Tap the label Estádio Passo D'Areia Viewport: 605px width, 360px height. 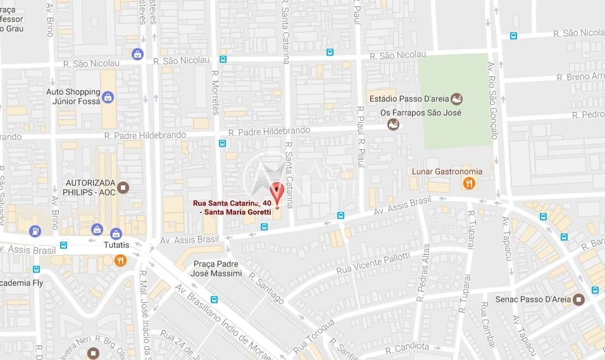[x=409, y=99]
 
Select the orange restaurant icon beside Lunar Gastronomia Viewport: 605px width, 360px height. [x=469, y=183]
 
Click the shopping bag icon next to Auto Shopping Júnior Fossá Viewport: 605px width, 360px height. [x=108, y=97]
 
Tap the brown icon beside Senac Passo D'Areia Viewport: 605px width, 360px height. [x=578, y=299]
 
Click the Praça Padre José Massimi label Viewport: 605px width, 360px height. [x=216, y=268]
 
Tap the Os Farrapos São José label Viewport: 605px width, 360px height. [x=421, y=113]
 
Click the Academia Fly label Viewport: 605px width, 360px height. [x=22, y=283]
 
